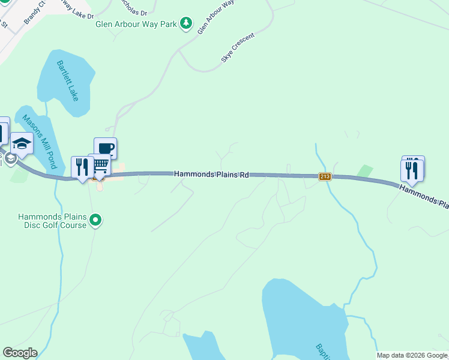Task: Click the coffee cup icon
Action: coord(105,148)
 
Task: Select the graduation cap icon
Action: coord(22,144)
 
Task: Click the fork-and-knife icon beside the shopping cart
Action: coord(82,167)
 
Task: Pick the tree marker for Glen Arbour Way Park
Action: coord(186,23)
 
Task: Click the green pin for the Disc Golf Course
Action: coord(95,221)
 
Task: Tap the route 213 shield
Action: coord(325,176)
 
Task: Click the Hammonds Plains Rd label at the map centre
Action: coord(211,174)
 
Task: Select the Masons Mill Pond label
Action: coord(39,142)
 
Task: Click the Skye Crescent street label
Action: coord(238,48)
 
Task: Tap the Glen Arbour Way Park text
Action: coord(137,24)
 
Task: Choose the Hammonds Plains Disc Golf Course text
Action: coord(53,221)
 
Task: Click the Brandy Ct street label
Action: coord(34,13)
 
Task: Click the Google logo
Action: coord(20,353)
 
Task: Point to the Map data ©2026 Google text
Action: coord(412,355)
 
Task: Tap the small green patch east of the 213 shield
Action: coord(364,171)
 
